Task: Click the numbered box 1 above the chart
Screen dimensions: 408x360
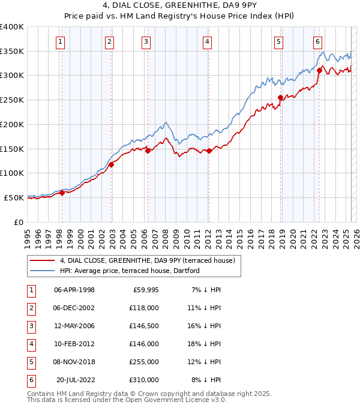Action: (x=61, y=42)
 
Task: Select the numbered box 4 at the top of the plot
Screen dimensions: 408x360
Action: (x=206, y=42)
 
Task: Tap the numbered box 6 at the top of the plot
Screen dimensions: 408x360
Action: (x=317, y=42)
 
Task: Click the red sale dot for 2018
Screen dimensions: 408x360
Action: (x=280, y=98)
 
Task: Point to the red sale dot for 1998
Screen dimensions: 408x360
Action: (x=62, y=193)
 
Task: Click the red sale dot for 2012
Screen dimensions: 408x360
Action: (x=209, y=151)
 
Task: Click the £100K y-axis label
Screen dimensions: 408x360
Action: (x=12, y=173)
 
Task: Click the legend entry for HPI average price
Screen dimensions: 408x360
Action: (x=129, y=271)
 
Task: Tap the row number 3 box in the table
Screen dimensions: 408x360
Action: (x=29, y=326)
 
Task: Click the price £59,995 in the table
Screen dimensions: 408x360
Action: (x=144, y=290)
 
